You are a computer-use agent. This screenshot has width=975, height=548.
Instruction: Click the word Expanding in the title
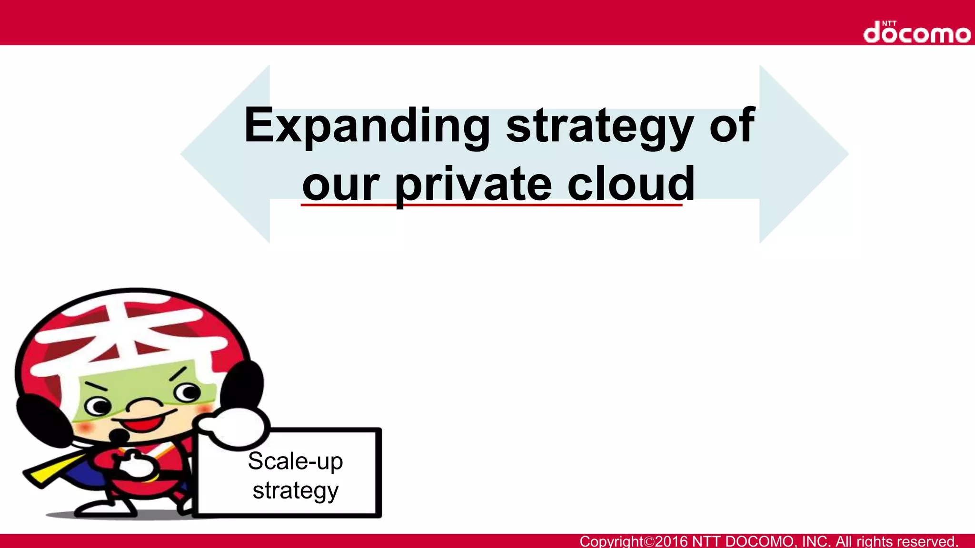point(367,126)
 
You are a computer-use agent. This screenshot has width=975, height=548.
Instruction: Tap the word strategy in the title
point(599,126)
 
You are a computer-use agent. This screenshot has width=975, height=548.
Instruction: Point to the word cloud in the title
point(631,184)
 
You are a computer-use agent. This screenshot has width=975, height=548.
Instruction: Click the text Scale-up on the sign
point(295,461)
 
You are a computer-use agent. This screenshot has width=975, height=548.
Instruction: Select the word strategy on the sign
point(295,490)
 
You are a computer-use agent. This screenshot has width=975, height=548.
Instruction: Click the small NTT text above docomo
point(889,23)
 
